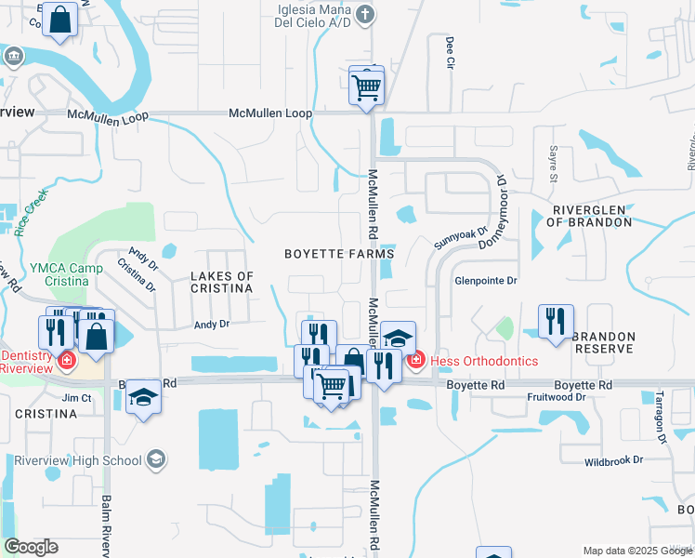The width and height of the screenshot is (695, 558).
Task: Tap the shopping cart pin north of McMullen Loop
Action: click(367, 87)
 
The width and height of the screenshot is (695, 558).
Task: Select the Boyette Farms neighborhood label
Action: click(339, 254)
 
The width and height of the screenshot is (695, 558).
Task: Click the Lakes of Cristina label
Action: click(222, 283)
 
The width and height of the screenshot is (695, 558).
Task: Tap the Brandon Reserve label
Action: click(603, 342)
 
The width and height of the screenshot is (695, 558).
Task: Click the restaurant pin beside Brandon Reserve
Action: click(556, 322)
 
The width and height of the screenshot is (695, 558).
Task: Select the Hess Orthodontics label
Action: click(484, 360)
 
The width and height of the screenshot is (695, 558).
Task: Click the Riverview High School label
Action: click(77, 460)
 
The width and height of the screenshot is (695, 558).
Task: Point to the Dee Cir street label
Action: click(450, 53)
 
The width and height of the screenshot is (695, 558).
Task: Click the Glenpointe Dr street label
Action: click(484, 280)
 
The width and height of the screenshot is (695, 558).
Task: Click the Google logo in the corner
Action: click(31, 547)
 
